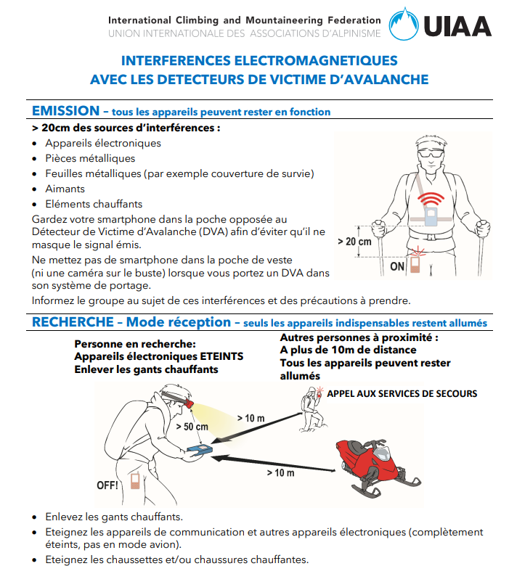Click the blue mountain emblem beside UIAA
[404, 24]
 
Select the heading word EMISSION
[65, 111]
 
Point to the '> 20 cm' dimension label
[354, 242]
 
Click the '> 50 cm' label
[192, 426]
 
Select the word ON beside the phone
[397, 266]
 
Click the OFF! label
[107, 485]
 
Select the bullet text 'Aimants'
[65, 189]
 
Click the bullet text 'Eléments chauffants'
[94, 204]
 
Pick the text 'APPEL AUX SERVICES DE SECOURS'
[402, 393]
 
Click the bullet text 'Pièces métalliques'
[90, 158]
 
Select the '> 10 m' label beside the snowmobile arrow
[280, 473]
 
